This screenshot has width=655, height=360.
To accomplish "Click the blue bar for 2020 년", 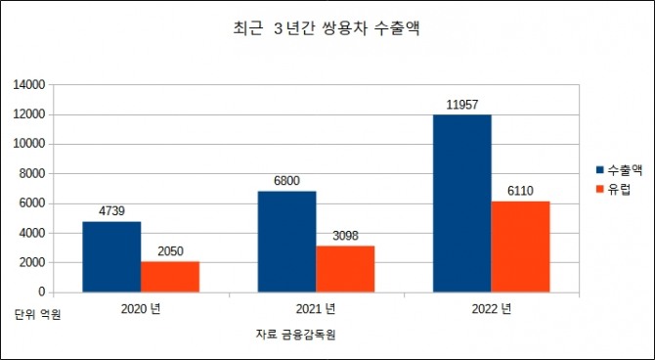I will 111,256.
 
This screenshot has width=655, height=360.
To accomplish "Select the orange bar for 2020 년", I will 170,276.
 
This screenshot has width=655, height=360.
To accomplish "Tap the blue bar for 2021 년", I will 286,241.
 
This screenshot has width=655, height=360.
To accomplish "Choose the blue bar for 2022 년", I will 461,202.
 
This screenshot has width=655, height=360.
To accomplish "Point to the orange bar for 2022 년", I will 520,246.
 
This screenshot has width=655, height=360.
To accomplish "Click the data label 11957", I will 461,103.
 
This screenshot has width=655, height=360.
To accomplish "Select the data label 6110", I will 520,190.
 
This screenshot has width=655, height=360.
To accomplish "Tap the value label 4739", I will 111,210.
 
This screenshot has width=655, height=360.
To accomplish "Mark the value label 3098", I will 345,235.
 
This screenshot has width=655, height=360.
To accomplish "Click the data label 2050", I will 170,250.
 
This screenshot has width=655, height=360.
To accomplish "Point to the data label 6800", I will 286,180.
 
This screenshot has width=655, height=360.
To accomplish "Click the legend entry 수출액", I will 618,168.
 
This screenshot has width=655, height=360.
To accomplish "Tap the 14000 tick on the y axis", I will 28,85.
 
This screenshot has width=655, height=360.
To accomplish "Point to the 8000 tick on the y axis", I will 31,173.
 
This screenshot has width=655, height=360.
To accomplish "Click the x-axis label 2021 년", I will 316,309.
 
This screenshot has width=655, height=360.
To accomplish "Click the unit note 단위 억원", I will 37,315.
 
